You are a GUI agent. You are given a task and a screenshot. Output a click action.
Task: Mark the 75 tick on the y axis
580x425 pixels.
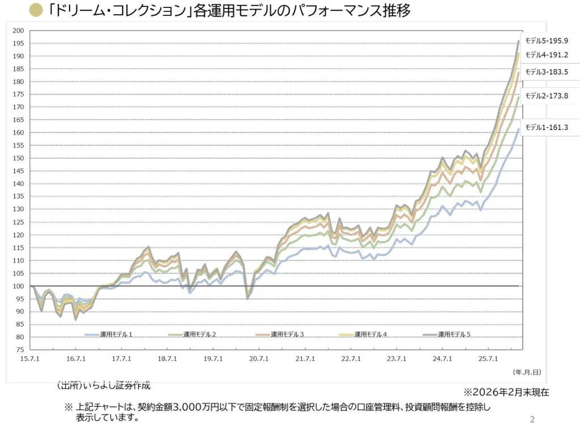[20, 350]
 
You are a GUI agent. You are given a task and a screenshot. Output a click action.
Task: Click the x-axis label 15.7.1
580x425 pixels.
[30, 359]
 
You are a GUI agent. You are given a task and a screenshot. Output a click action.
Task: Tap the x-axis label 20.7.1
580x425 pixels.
[259, 359]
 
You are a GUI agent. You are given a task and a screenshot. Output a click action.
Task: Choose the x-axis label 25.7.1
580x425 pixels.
[488, 359]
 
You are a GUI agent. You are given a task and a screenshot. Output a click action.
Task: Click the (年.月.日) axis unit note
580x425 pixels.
[527, 372]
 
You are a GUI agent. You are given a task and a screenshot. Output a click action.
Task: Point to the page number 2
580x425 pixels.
[532, 420]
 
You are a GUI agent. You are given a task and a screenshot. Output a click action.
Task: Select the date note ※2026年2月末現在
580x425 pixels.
[506, 392]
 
